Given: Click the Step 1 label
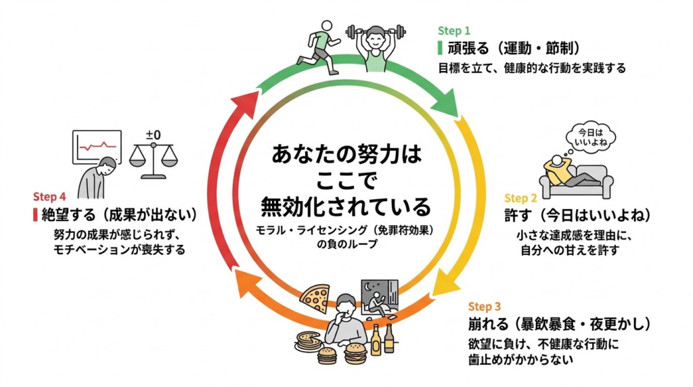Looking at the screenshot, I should click(x=453, y=31).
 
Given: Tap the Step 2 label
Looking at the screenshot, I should click(x=520, y=198).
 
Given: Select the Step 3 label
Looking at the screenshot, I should click(x=485, y=306).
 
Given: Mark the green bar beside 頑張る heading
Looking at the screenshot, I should click(x=440, y=49).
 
